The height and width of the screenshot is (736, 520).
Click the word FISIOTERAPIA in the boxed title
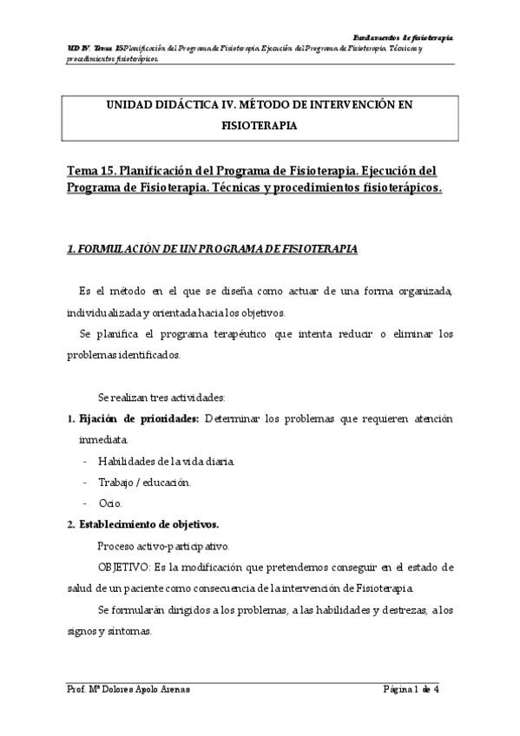click(x=260, y=125)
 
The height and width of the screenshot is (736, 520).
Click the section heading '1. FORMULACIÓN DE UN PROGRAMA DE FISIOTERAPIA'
click(x=212, y=249)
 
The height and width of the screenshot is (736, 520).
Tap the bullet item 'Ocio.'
click(x=110, y=503)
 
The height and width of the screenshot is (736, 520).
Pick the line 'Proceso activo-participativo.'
click(x=163, y=546)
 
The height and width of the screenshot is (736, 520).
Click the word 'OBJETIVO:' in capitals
click(x=124, y=567)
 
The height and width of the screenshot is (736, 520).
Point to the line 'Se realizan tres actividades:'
click(x=162, y=398)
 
